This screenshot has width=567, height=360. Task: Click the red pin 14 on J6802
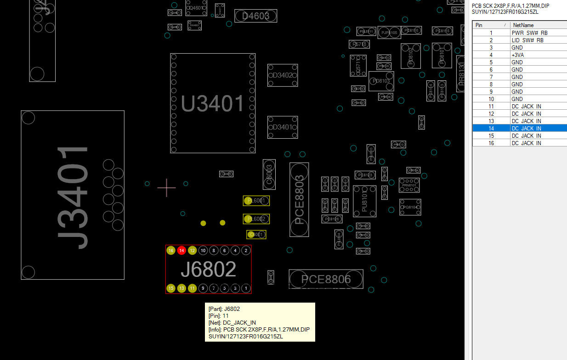pos(181,250)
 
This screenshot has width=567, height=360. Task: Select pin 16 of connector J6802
pos(171,250)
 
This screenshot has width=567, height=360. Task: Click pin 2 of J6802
pos(246,250)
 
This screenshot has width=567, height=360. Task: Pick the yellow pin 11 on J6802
pos(193,288)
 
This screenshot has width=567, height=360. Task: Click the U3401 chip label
pos(212,104)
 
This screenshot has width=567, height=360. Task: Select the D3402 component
pos(283,75)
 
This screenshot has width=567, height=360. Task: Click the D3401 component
pos(283,127)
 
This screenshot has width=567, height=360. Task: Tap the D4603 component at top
pos(255,16)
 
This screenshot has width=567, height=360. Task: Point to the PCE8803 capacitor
pos(299,200)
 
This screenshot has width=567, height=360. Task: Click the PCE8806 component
pos(326,279)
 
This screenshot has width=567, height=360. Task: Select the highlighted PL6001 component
pos(256,201)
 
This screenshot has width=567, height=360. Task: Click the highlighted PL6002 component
pos(256,219)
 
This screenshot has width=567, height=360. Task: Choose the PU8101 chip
pos(364,201)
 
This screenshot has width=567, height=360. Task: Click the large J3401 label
pos(73,197)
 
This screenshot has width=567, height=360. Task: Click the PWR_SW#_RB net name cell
pos(529,33)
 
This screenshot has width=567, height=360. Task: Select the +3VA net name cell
pos(518,55)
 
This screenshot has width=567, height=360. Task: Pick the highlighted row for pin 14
pos(519,129)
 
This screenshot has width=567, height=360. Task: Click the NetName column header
pos(523,25)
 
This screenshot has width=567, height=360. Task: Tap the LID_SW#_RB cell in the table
pos(527,40)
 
